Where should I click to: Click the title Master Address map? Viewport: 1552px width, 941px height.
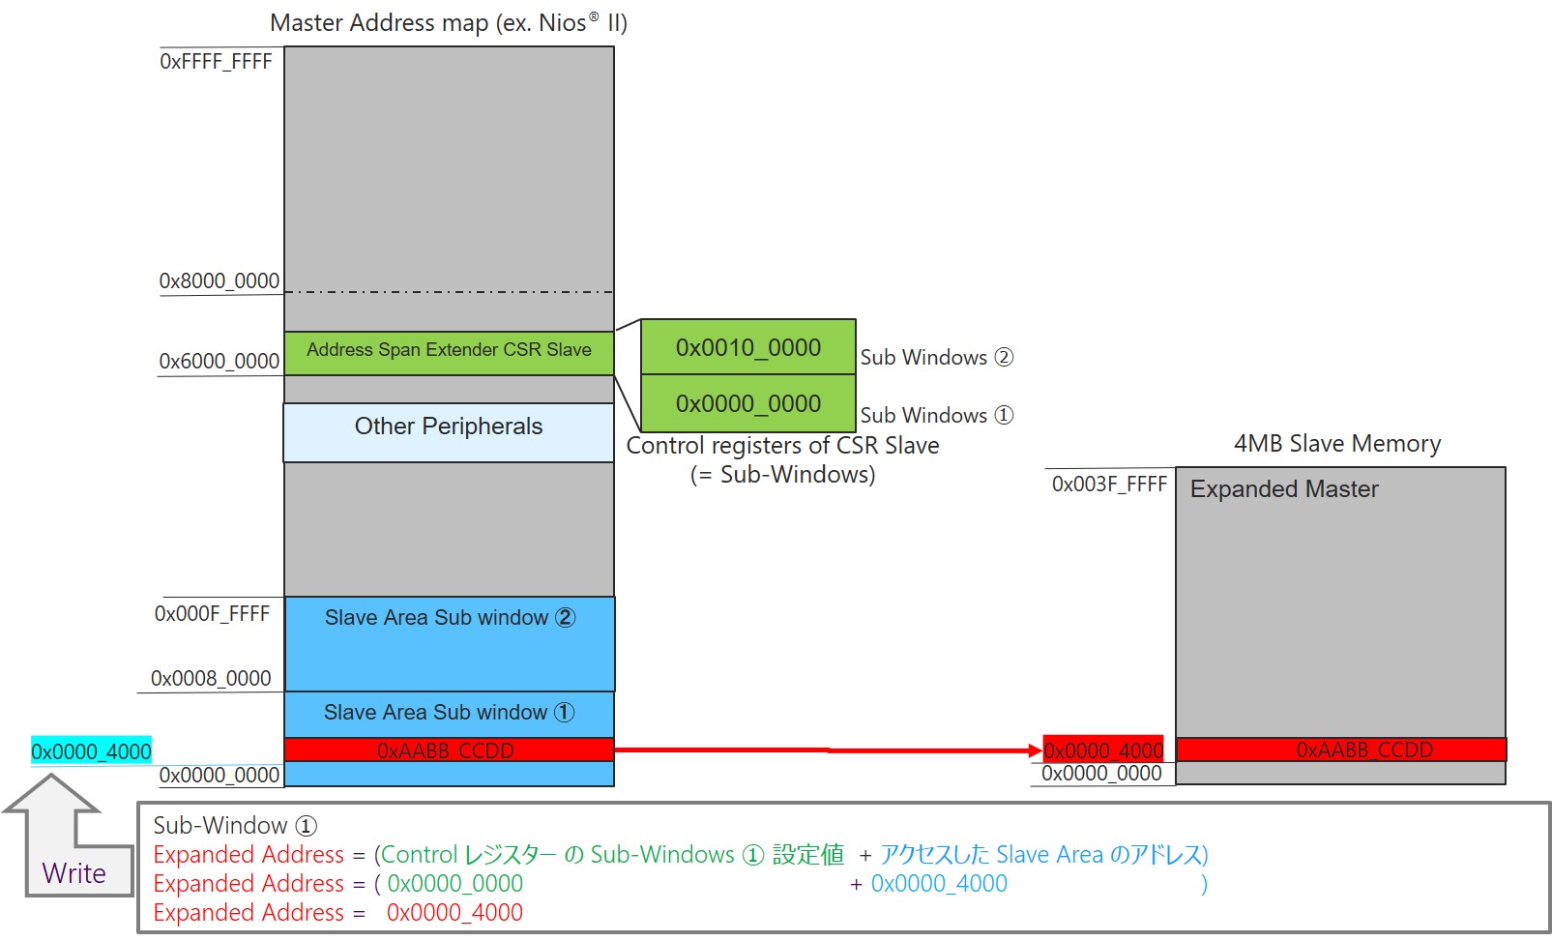[x=448, y=23]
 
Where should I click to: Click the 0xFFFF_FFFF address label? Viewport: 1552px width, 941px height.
[x=216, y=62]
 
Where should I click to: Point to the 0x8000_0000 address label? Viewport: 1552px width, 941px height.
[x=220, y=281]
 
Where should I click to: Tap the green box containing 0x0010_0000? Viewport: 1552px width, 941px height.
[x=747, y=347]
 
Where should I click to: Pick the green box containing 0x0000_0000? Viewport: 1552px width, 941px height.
[x=747, y=403]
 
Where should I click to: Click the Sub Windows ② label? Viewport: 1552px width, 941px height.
[x=936, y=358]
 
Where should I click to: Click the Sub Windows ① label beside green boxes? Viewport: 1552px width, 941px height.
[x=936, y=416]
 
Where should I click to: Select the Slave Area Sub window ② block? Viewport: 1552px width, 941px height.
[x=450, y=642]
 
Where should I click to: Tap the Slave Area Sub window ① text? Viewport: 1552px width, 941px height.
[x=449, y=713]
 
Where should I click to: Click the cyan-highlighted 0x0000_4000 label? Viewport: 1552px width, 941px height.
[x=91, y=751]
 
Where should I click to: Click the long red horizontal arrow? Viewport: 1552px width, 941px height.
[x=827, y=750]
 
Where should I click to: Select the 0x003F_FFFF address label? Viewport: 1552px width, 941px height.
[x=1109, y=485]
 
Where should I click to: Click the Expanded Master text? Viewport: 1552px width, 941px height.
[x=1283, y=489]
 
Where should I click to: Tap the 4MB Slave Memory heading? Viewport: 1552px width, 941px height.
[x=1336, y=444]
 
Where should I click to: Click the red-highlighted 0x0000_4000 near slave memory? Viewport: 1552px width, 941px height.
[x=1103, y=750]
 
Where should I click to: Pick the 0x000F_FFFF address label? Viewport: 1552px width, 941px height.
[x=212, y=614]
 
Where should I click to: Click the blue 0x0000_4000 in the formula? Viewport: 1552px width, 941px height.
[x=938, y=884]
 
